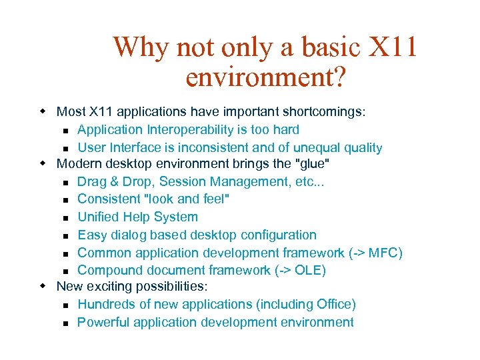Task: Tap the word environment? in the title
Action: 265,78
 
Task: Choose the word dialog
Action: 127,235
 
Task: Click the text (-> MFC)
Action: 375,253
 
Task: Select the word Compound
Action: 107,270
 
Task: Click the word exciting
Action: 109,287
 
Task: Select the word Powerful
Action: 103,322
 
